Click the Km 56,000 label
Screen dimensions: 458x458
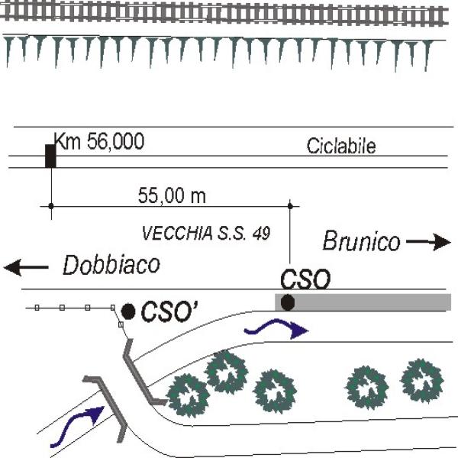pyautogui.click(x=99, y=141)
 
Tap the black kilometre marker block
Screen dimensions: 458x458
pyautogui.click(x=50, y=156)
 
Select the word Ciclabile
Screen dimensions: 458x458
pyautogui.click(x=341, y=146)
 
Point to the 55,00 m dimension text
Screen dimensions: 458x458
pyautogui.click(x=172, y=195)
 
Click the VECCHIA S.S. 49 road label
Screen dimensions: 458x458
pyautogui.click(x=206, y=233)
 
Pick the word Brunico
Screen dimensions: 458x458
pyautogui.click(x=361, y=241)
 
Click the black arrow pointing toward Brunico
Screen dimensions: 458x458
pyautogui.click(x=428, y=242)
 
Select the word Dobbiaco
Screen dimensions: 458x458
pyautogui.click(x=111, y=265)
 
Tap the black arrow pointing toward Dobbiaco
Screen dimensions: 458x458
pyautogui.click(x=26, y=267)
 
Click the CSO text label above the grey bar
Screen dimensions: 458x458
pyautogui.click(x=305, y=279)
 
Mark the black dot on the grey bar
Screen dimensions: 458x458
pyautogui.click(x=288, y=302)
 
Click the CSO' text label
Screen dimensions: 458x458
pyautogui.click(x=169, y=311)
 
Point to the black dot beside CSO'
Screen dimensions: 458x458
pyautogui.click(x=128, y=311)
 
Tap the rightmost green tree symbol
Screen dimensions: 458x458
pyautogui.click(x=422, y=381)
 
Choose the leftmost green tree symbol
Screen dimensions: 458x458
pyautogui.click(x=188, y=395)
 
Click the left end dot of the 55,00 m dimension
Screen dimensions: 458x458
pyautogui.click(x=51, y=206)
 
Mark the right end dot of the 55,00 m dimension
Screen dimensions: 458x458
pyautogui.click(x=290, y=206)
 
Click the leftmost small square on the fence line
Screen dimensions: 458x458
pyautogui.click(x=37, y=308)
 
